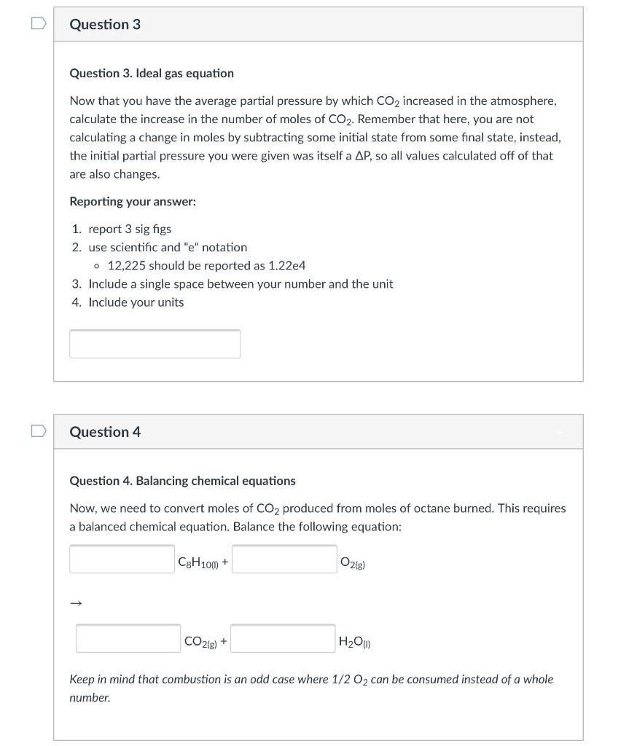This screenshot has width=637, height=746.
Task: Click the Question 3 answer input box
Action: [x=155, y=344]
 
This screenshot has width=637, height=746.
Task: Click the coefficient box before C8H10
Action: [x=122, y=559]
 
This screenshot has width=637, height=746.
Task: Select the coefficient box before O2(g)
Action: [x=284, y=559]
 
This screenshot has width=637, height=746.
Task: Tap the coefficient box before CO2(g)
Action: [x=128, y=638]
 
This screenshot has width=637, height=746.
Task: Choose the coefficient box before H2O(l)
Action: [x=284, y=638]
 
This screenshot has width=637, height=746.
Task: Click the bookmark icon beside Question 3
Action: [x=37, y=24]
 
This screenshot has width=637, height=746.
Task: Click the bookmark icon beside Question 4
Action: [x=37, y=431]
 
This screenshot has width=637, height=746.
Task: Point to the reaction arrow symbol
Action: [x=77, y=602]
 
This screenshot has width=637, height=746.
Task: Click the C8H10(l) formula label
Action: [x=198, y=562]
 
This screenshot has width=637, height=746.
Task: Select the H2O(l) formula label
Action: [x=356, y=642]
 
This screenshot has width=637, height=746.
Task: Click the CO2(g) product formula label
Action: [x=200, y=642]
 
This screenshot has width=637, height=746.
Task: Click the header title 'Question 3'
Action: [x=105, y=25]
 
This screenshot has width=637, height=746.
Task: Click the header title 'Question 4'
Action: [x=105, y=432]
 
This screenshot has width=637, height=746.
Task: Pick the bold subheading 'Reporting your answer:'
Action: [x=133, y=201]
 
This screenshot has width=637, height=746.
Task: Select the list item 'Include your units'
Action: [x=136, y=302]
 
